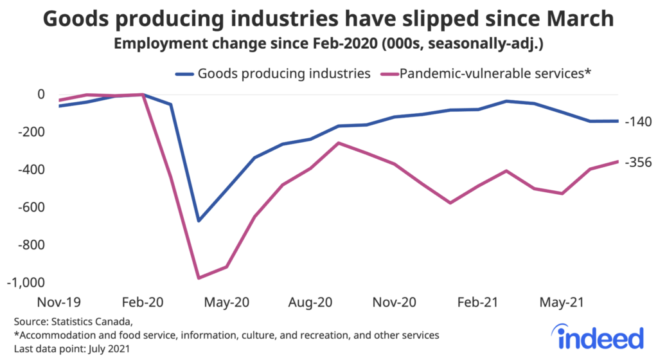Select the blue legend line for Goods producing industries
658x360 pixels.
pyautogui.click(x=184, y=73)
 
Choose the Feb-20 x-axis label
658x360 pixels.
pyautogui.click(x=143, y=301)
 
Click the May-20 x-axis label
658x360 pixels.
pyautogui.click(x=226, y=301)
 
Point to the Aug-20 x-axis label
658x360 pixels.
pyautogui.click(x=310, y=301)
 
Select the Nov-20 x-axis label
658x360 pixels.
pyautogui.click(x=394, y=301)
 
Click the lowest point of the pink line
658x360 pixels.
pyautogui.click(x=199, y=278)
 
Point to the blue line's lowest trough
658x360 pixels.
pyautogui.click(x=199, y=221)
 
